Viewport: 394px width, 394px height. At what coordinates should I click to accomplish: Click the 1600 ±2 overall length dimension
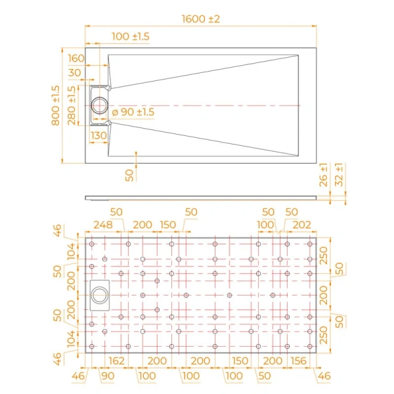click(x=201, y=18)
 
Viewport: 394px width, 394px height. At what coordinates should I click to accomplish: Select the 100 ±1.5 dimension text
click(x=131, y=37)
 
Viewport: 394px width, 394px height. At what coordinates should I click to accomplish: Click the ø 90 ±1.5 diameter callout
click(x=133, y=112)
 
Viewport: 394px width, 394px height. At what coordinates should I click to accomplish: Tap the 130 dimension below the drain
click(x=99, y=135)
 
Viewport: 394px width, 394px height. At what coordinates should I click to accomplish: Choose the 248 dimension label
click(x=103, y=225)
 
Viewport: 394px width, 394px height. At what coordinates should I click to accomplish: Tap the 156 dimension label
click(x=299, y=361)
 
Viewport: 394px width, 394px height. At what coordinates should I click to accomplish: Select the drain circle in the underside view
click(x=102, y=294)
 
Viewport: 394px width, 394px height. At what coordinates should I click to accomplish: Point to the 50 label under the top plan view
click(x=129, y=175)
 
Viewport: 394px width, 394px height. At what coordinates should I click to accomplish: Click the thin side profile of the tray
click(x=201, y=196)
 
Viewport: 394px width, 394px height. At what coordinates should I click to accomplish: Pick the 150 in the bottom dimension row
click(x=240, y=361)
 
